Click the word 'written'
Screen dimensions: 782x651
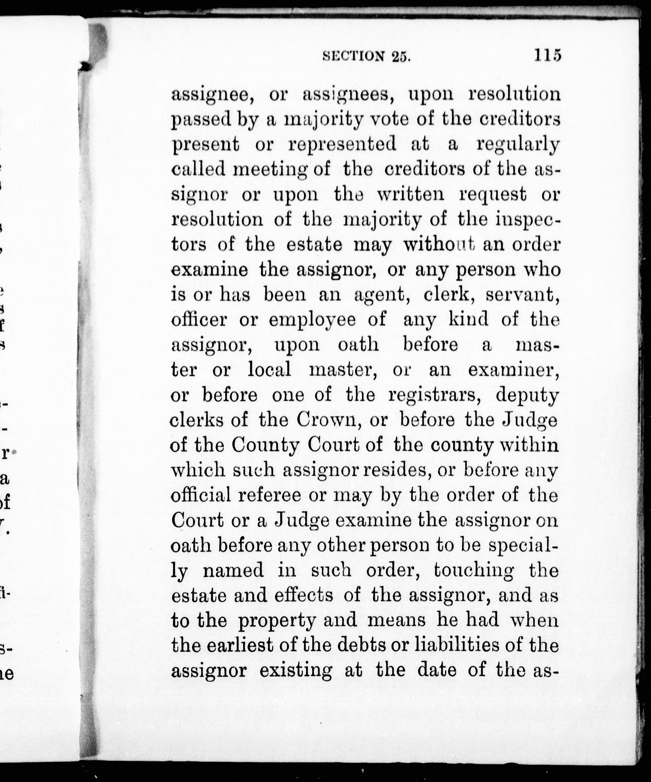tap(410, 194)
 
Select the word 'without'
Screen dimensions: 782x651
tap(439, 245)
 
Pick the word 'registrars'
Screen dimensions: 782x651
tap(436, 396)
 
